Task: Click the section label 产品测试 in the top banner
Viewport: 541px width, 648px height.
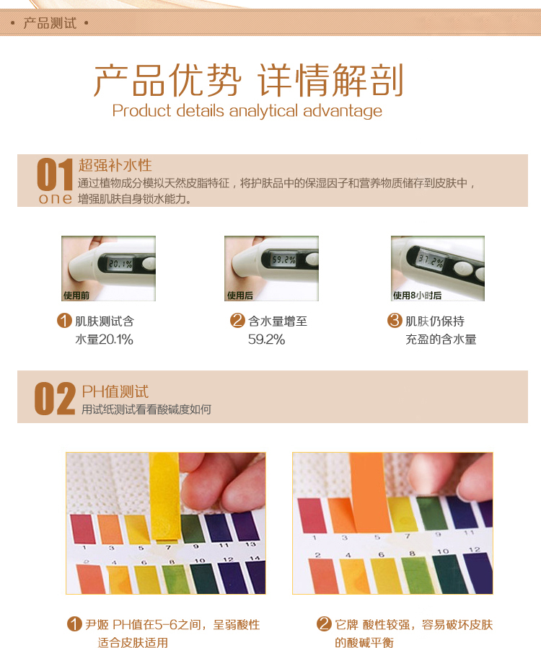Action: tap(50, 23)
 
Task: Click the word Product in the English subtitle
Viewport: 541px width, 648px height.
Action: tap(141, 111)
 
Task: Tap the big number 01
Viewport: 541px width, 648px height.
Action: tap(55, 174)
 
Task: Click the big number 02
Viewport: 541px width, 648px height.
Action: tap(55, 398)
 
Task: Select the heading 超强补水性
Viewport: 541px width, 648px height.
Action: tap(115, 165)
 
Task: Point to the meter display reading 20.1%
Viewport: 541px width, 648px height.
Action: tap(120, 264)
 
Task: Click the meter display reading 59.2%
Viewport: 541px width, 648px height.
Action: tap(283, 259)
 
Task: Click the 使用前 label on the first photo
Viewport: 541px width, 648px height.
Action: tap(76, 295)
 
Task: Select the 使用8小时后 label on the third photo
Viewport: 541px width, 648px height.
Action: tap(417, 295)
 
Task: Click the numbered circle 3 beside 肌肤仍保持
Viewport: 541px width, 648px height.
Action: tap(395, 320)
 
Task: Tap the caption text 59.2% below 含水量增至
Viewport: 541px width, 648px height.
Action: tap(266, 339)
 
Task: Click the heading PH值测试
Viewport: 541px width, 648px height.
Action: tap(115, 391)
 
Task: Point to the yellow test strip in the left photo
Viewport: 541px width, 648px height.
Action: tap(165, 497)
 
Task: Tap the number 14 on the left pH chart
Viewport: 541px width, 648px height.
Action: tap(255, 558)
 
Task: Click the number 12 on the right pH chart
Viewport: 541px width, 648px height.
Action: tap(475, 550)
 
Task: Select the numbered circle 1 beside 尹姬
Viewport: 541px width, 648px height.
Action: tap(74, 623)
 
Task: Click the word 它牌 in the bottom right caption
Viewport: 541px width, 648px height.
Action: tap(347, 624)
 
